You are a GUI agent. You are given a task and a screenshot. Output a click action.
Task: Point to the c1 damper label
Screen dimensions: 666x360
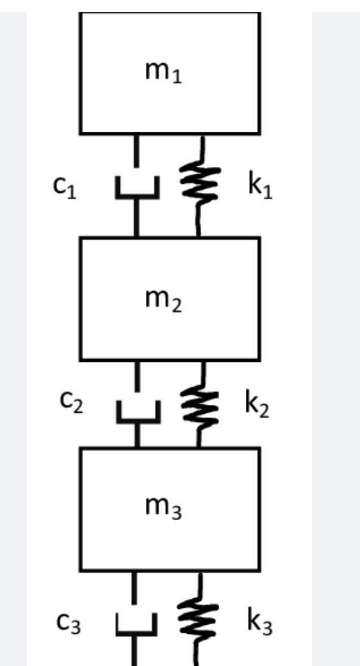[x=63, y=189]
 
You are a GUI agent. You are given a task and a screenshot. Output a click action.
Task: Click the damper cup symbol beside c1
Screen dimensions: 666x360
[x=137, y=189]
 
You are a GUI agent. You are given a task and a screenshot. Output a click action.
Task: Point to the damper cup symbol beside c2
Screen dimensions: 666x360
[x=138, y=413]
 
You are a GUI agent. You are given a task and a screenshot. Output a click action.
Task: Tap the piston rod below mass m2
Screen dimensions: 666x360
[x=137, y=377]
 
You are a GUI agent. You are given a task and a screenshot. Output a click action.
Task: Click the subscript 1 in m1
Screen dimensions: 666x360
[x=178, y=78]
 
